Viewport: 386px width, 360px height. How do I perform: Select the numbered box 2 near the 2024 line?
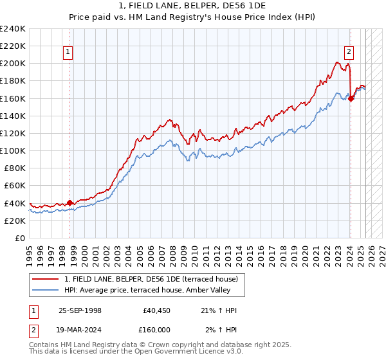coord(348,53)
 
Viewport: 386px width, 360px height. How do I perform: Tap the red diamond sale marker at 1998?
coord(70,203)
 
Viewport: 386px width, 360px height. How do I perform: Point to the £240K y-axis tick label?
coord(13,29)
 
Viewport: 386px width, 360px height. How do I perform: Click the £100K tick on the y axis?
coord(13,150)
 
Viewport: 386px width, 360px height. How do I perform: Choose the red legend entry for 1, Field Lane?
coord(151,278)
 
